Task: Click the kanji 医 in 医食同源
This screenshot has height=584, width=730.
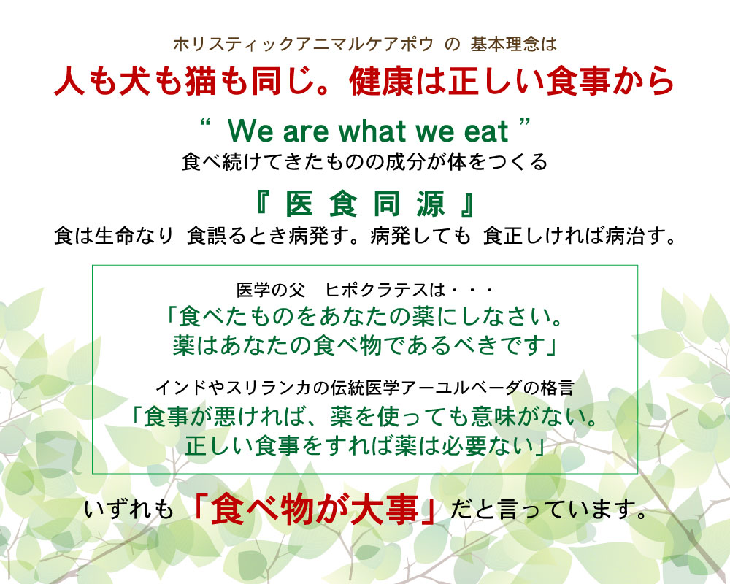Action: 300,204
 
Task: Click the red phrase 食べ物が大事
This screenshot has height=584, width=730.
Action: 315,511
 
